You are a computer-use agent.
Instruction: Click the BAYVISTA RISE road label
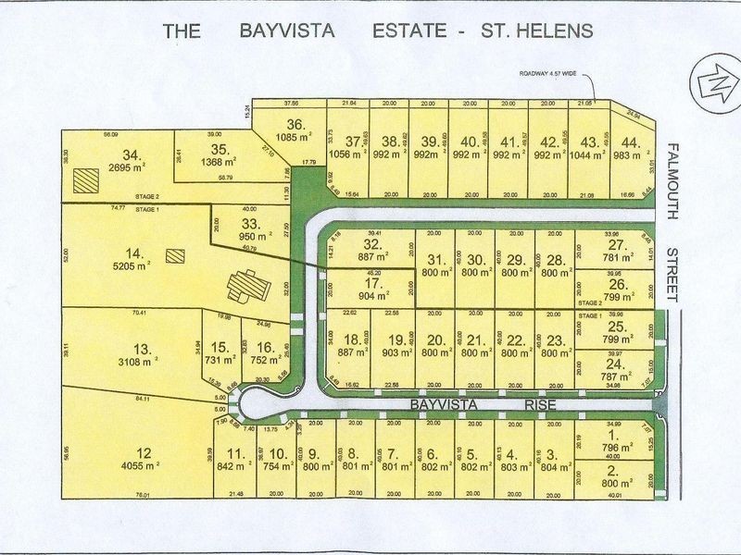pyautogui.click(x=473, y=405)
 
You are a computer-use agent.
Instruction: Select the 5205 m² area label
pyautogui.click(x=132, y=265)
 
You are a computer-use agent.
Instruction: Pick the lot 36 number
pyautogui.click(x=295, y=126)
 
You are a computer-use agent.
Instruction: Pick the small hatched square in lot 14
pyautogui.click(x=174, y=255)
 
